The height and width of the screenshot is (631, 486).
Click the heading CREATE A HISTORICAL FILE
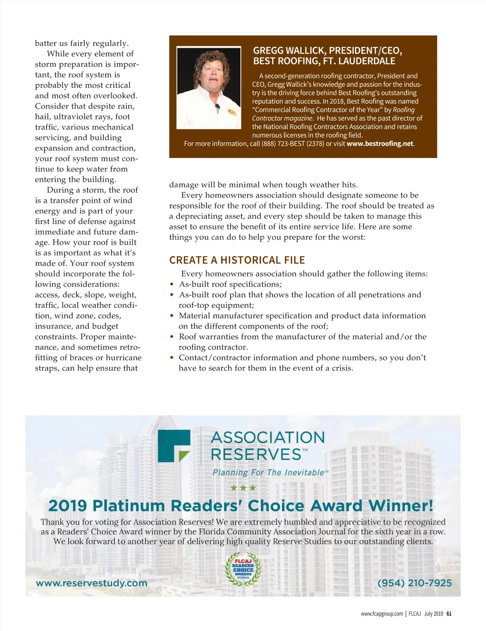[x=237, y=260]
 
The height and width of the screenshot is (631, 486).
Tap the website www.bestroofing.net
[x=380, y=144]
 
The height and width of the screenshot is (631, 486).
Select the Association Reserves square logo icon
[x=174, y=446]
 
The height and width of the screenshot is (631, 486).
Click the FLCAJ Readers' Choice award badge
[x=243, y=569]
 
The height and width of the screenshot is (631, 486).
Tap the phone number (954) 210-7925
[x=414, y=583]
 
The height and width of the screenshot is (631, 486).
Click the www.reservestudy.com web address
[x=92, y=583]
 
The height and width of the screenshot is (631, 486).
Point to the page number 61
[x=449, y=614]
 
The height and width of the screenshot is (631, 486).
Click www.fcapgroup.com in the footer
[x=382, y=614]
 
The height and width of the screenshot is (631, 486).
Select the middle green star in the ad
[x=243, y=488]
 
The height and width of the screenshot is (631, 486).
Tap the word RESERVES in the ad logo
[x=256, y=454]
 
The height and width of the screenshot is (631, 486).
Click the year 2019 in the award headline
[x=68, y=506]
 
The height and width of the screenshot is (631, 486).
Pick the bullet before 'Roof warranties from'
[x=172, y=337]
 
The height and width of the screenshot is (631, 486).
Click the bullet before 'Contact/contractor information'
[x=172, y=358]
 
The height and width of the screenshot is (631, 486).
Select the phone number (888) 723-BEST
[x=292, y=144]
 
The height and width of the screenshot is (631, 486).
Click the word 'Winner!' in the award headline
[x=401, y=506]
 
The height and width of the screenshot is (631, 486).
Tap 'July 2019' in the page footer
[x=433, y=614]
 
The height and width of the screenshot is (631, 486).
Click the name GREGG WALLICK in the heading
[x=289, y=51]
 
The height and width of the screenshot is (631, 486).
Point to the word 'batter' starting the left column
[x=46, y=43]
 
